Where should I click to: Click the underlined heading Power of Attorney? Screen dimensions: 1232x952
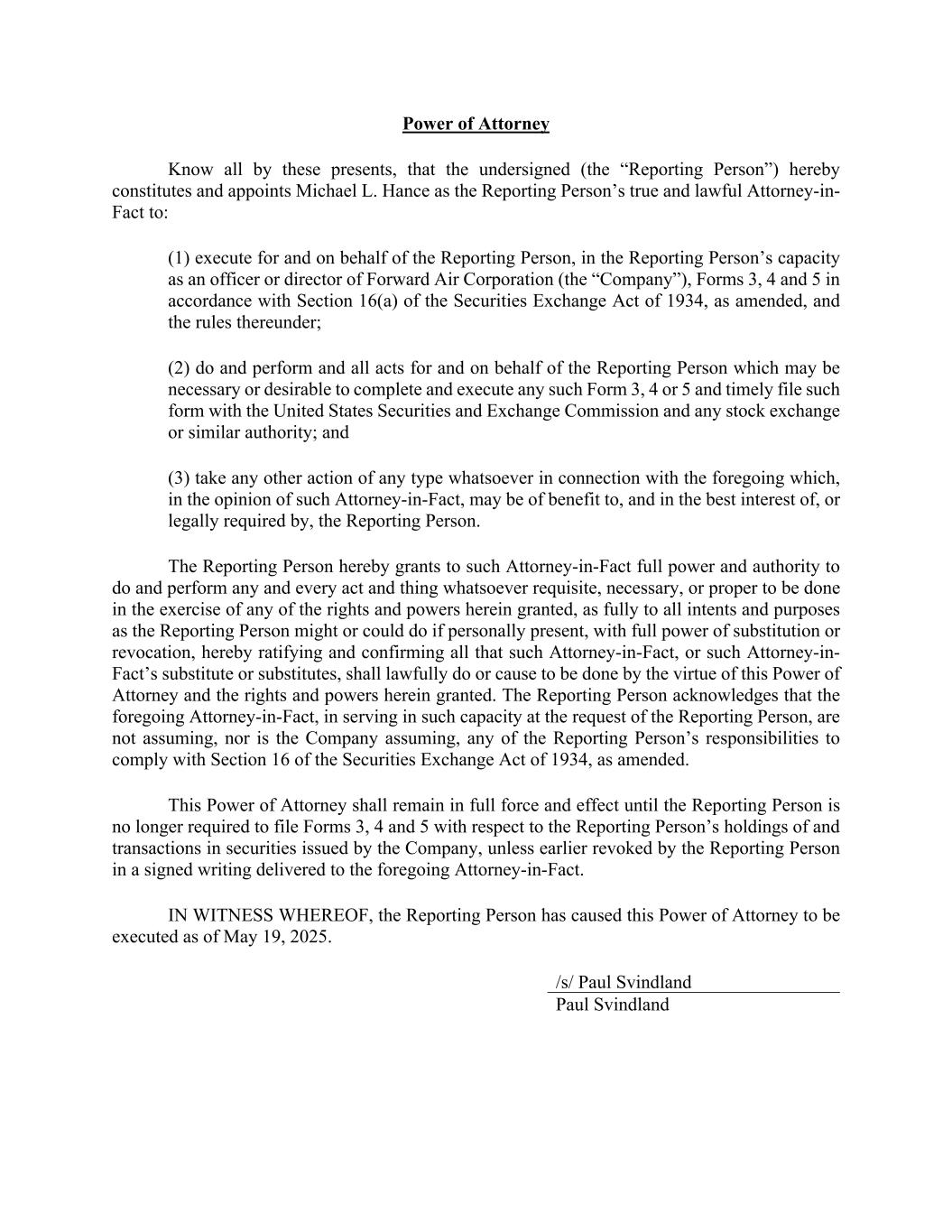click(476, 124)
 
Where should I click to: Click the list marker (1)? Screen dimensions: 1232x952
click(179, 258)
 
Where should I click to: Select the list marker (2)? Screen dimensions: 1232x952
click(179, 368)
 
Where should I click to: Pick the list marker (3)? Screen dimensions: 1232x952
click(179, 478)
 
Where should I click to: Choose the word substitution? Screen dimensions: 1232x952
click(775, 631)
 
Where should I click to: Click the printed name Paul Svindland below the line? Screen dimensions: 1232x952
click(612, 1005)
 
